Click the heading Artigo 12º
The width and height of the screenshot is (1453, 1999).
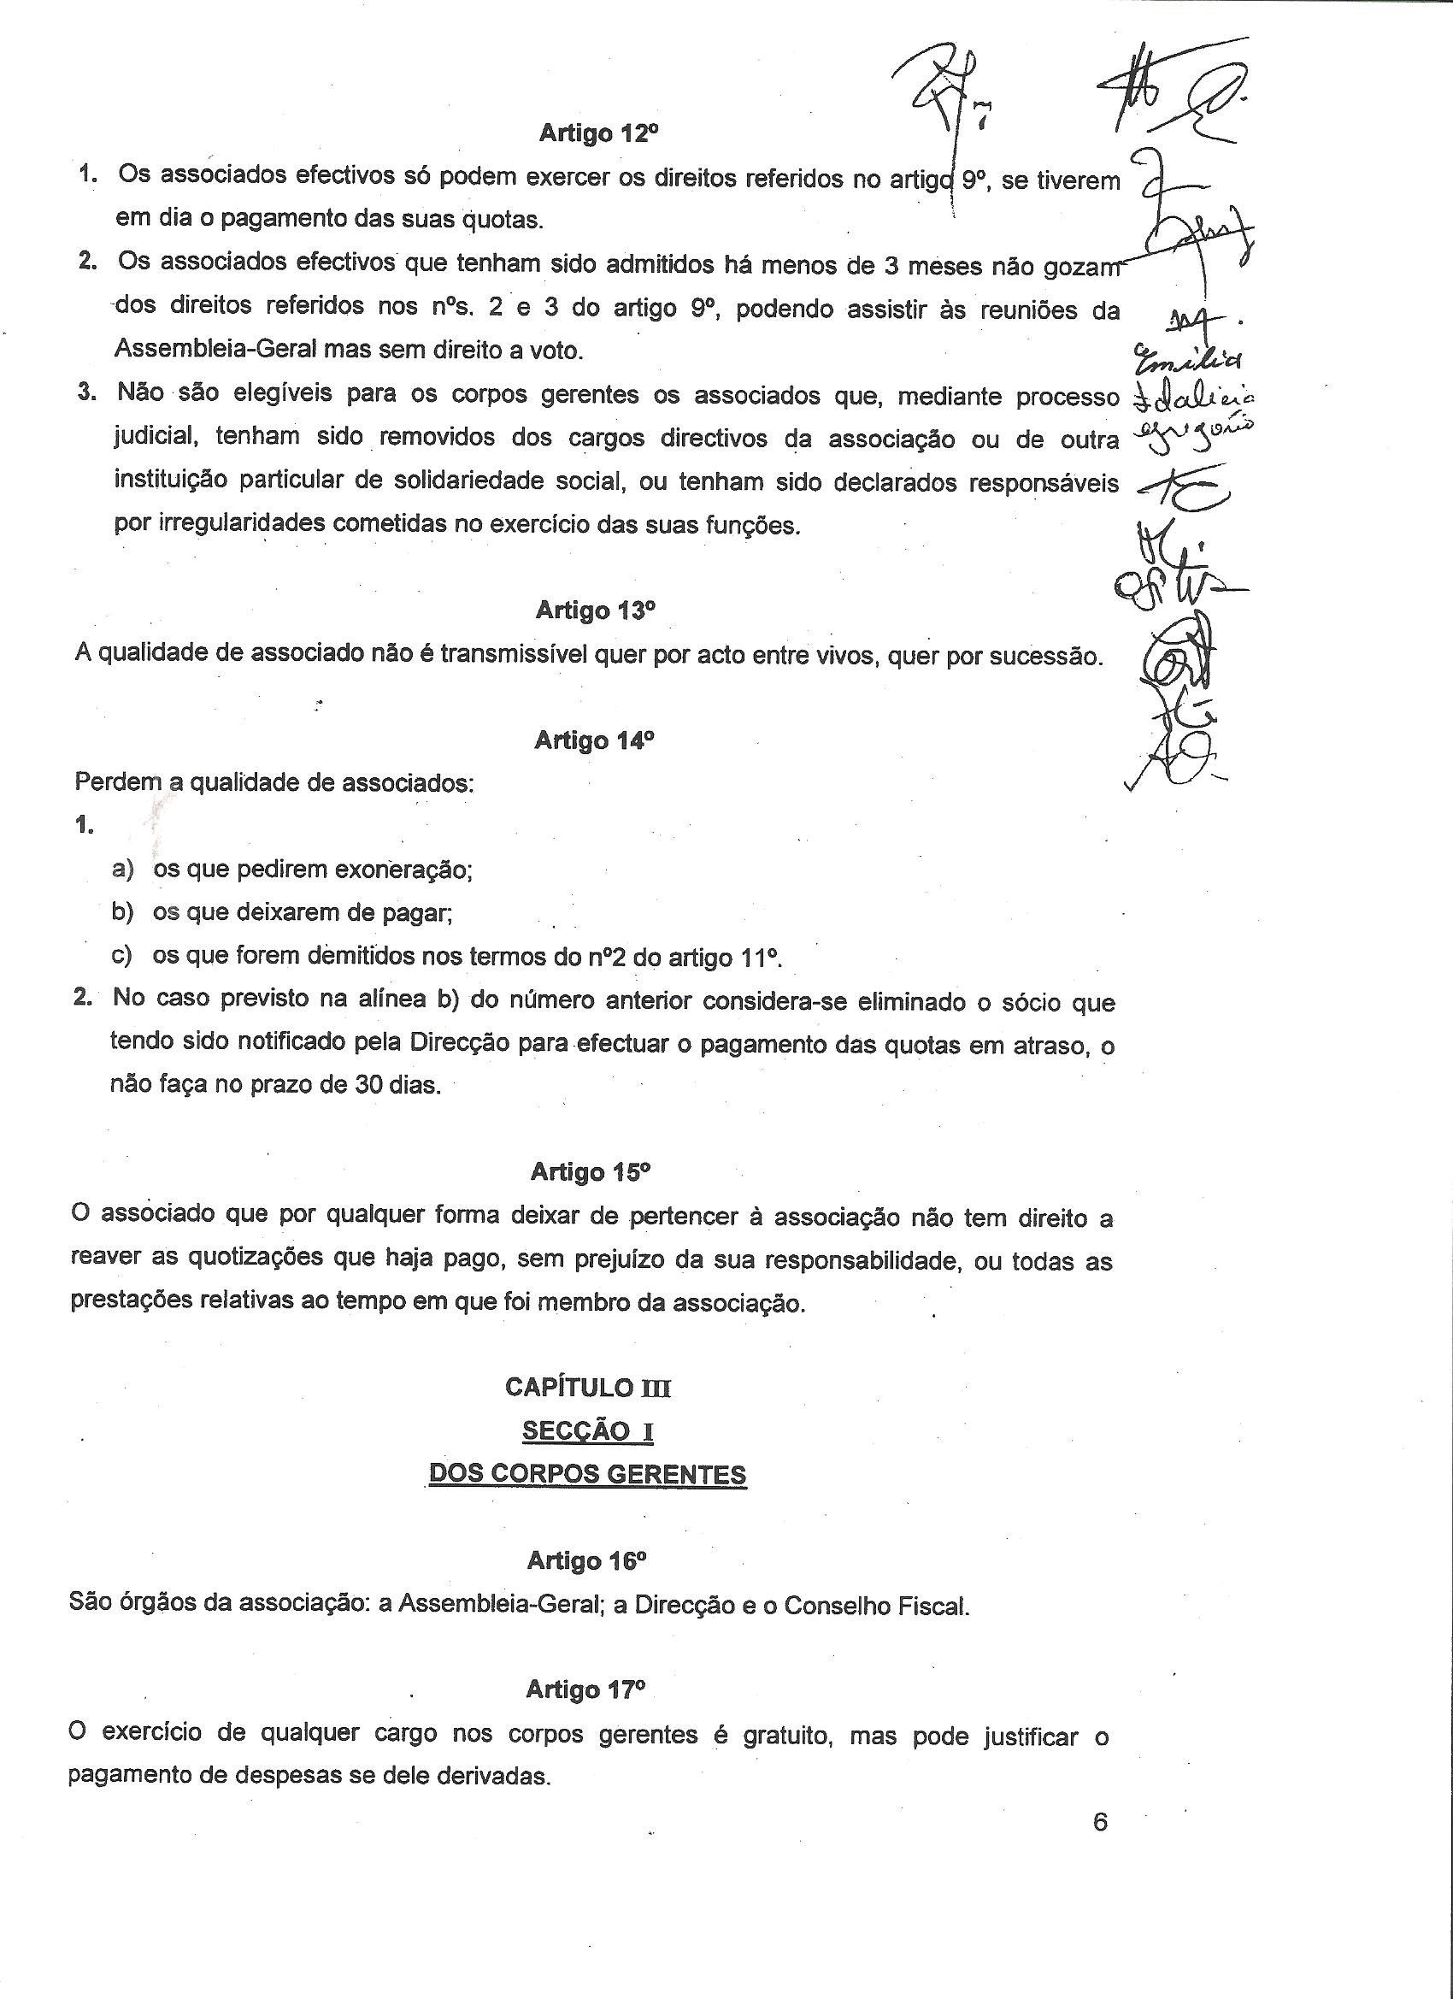(598, 134)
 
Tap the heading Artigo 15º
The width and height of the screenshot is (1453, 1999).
(591, 1172)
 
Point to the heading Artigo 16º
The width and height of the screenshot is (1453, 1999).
(587, 1562)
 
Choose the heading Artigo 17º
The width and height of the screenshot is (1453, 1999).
(586, 1689)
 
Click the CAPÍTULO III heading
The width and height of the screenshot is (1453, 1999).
(588, 1388)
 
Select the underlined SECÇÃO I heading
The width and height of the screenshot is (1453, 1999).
(588, 1430)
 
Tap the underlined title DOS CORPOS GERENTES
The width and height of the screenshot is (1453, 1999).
(588, 1474)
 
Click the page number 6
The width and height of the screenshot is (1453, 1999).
(1100, 1822)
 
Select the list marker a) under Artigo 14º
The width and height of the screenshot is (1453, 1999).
(122, 869)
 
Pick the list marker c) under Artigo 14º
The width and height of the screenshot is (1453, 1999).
(121, 955)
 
